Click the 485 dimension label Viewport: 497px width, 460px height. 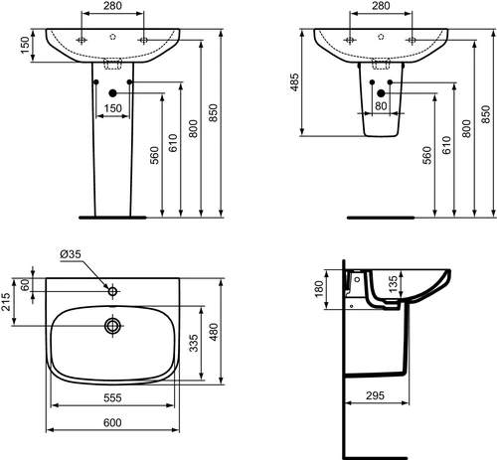[x=294, y=82]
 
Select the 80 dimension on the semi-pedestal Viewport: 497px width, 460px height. [x=381, y=106]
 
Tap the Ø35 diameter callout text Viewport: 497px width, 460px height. [x=71, y=254]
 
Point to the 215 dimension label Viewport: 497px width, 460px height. [x=7, y=301]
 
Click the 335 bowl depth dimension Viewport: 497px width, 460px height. [x=194, y=343]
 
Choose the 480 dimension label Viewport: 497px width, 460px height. [x=214, y=332]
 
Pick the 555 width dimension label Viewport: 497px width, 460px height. [x=112, y=397]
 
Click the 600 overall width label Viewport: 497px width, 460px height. [x=112, y=422]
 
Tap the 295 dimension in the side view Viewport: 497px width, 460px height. [x=375, y=395]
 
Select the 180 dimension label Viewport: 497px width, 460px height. [x=319, y=289]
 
